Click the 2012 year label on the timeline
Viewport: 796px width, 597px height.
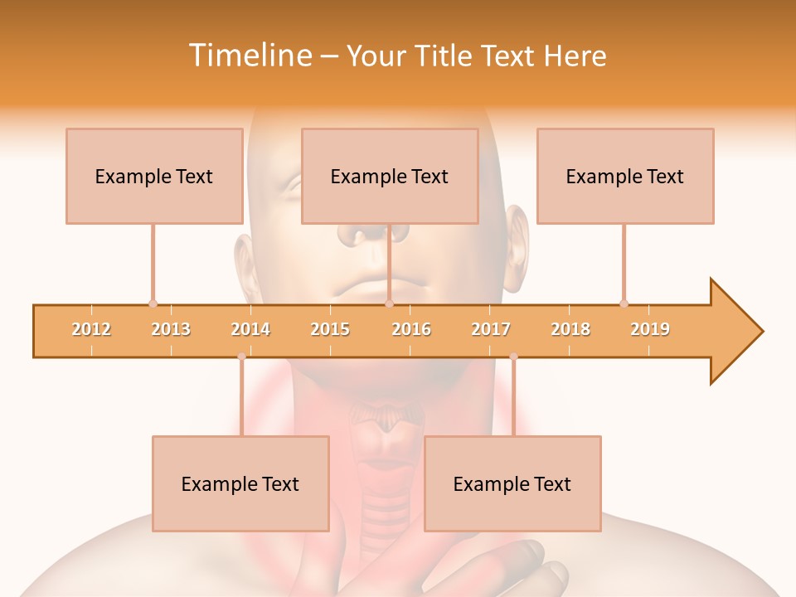tap(91, 329)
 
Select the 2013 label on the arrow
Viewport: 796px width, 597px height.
tap(171, 329)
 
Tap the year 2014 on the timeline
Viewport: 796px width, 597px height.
tap(250, 329)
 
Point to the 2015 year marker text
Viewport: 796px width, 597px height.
tap(330, 329)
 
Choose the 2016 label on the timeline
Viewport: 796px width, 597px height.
tap(411, 329)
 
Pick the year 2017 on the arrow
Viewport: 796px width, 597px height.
tap(491, 329)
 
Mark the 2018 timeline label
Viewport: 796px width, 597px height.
tap(570, 329)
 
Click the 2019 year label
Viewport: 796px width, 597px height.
tap(650, 329)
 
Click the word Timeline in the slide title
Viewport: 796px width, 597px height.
tap(249, 56)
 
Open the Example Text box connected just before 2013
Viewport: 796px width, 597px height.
tap(154, 176)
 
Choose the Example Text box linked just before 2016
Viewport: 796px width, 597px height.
tap(390, 176)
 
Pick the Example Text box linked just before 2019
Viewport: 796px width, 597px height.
tap(625, 176)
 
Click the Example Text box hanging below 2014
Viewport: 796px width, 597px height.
tap(240, 483)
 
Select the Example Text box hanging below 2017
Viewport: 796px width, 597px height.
tap(512, 483)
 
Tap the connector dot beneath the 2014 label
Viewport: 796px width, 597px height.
tap(241, 357)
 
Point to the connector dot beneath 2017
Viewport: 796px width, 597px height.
tap(513, 357)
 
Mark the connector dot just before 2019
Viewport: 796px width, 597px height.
tap(624, 303)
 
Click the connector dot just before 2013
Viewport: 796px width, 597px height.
tap(153, 303)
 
